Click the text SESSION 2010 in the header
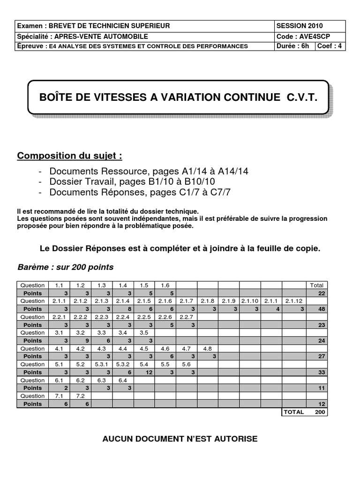click(x=300, y=26)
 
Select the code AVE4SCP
click(x=312, y=36)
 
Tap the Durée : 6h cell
click(x=293, y=46)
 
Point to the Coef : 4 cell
click(x=330, y=46)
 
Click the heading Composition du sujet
click(x=70, y=156)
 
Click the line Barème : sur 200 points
click(x=65, y=267)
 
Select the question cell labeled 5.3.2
click(x=123, y=364)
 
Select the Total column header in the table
click(x=317, y=285)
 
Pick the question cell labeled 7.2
click(x=80, y=396)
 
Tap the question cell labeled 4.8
click(x=207, y=348)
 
